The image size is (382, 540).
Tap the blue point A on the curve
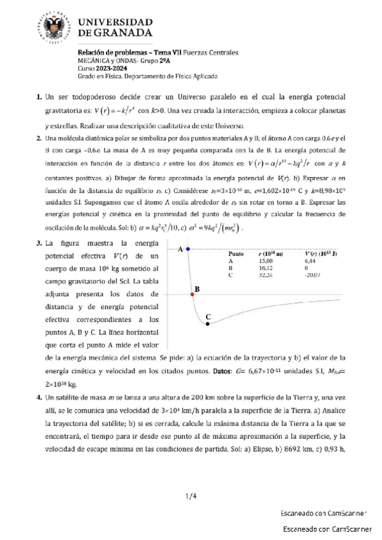(x=187, y=249)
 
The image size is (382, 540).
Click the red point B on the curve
(x=192, y=295)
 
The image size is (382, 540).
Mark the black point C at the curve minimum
(x=207, y=323)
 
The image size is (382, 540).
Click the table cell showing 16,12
(x=265, y=268)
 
